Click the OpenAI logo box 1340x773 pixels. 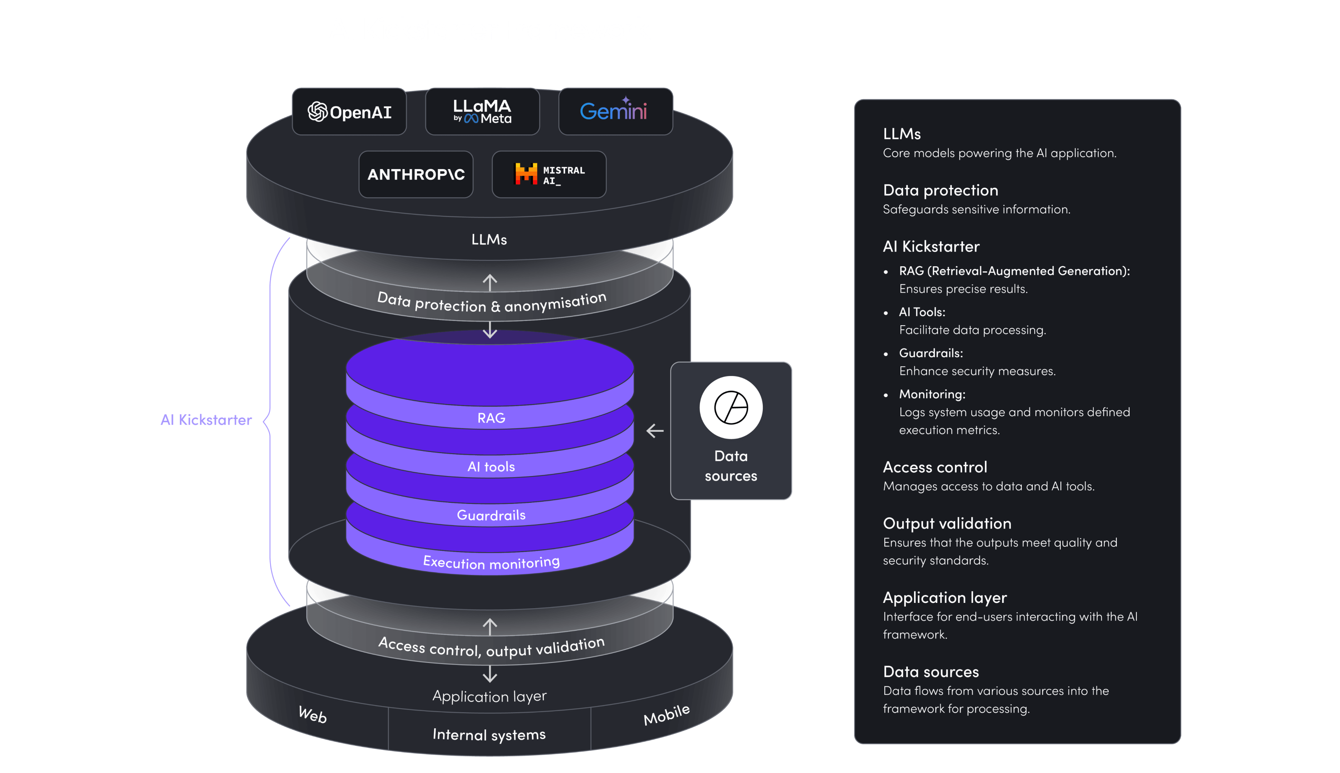[349, 112]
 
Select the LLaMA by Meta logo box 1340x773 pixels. [482, 112]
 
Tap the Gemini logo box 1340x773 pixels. [615, 112]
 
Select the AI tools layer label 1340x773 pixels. [491, 467]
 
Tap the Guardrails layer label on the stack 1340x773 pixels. [491, 515]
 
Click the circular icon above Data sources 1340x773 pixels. [731, 408]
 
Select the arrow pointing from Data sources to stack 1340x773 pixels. [655, 431]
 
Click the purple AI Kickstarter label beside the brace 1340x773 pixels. [206, 420]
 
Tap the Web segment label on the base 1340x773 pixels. [312, 715]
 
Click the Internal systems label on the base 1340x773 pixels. [489, 735]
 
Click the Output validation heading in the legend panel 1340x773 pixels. [947, 524]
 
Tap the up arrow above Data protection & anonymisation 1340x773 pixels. [489, 282]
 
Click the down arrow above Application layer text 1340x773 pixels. [489, 674]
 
